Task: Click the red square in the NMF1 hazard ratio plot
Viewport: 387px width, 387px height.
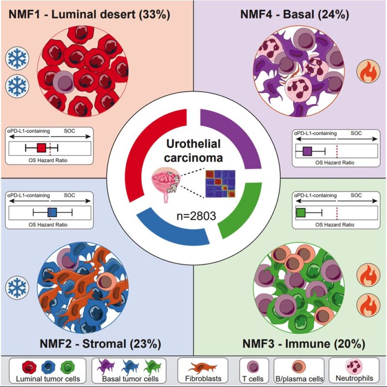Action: coord(42,148)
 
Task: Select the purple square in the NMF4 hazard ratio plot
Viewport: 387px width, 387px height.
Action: coord(307,151)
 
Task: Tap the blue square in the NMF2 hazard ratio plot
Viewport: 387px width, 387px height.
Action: coord(52,212)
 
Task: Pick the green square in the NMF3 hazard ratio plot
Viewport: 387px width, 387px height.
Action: coord(301,212)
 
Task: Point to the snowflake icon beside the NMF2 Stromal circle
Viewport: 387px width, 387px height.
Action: coord(17,287)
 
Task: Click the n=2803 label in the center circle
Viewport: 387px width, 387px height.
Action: coord(196,216)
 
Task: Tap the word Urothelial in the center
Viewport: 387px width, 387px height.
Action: coord(193,144)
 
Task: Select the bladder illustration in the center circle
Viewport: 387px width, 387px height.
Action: coord(165,184)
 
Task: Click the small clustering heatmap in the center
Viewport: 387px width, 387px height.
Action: coord(221,184)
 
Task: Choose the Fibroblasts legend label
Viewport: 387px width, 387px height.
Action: coord(203,378)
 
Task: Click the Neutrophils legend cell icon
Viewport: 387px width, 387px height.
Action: coord(354,366)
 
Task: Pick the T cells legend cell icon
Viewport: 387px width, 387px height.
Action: coord(253,367)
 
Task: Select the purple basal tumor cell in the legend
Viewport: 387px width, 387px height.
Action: coord(106,367)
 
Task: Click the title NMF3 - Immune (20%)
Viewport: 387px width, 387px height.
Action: coord(304,343)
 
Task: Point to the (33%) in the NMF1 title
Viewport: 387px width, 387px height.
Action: coord(154,15)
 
